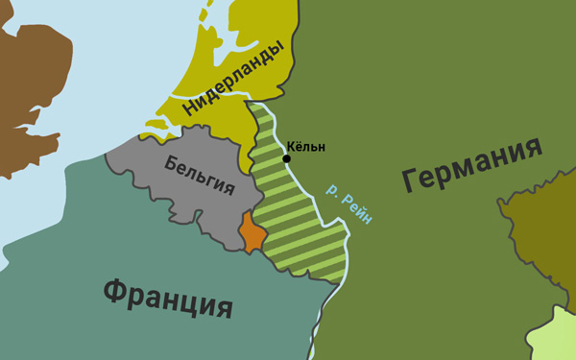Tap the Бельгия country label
[200, 176]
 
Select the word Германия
[471, 164]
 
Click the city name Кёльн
[306, 147]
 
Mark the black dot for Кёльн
[286, 158]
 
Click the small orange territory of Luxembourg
[252, 232]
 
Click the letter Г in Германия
[411, 180]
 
